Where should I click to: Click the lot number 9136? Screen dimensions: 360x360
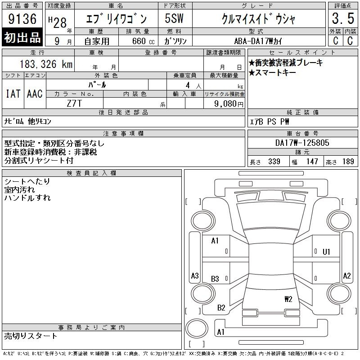point(22,19)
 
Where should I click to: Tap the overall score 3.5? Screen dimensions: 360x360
point(343,18)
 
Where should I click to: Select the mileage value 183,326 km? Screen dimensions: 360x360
point(46,64)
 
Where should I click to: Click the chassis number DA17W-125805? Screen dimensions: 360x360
point(302,143)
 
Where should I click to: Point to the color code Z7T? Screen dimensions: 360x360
point(74,103)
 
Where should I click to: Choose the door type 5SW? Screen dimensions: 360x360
point(174,18)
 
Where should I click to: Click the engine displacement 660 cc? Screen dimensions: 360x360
point(143,41)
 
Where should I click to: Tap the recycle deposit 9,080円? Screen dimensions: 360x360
point(229,104)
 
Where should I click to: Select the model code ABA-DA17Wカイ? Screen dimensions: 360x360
point(258,41)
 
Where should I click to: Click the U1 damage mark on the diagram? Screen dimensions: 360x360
point(326,252)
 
